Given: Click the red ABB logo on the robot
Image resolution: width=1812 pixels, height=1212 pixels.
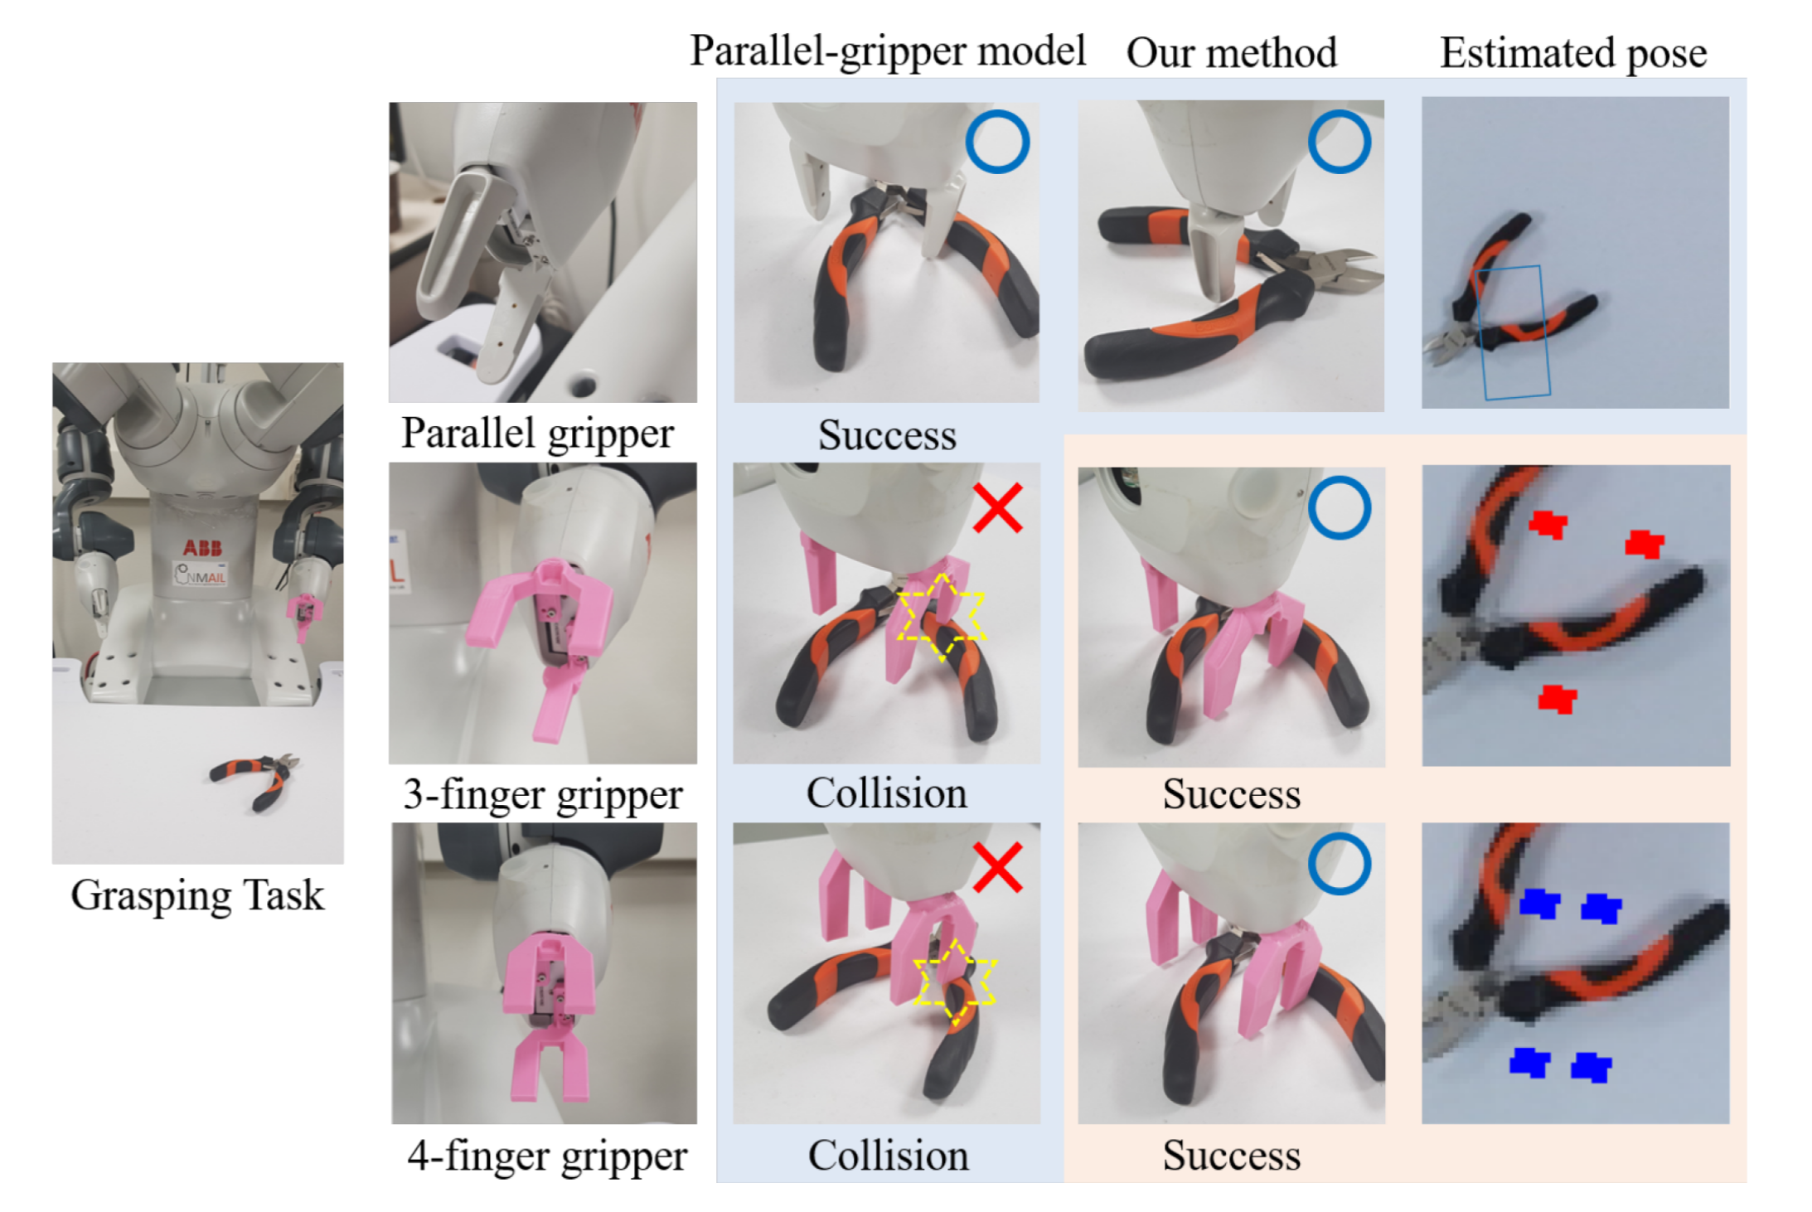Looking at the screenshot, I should [x=202, y=547].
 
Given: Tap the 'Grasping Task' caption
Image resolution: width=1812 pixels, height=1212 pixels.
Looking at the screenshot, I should [x=197, y=895].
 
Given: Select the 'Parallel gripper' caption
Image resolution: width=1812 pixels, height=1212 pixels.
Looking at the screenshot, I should [x=537, y=434].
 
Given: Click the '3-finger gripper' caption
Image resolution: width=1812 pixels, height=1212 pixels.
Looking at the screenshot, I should [x=542, y=794].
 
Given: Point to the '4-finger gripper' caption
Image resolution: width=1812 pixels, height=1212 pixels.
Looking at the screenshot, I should [x=546, y=1156].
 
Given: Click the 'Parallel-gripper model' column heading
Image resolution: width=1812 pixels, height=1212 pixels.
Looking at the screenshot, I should [x=887, y=51].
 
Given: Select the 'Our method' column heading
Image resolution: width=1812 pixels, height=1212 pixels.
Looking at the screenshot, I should [x=1231, y=53].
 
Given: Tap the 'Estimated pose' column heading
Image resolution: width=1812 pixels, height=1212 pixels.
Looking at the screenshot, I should [x=1572, y=53].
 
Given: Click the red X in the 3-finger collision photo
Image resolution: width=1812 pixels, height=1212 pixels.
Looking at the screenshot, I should [x=997, y=508].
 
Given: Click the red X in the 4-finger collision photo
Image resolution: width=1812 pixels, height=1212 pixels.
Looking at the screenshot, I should [x=997, y=868].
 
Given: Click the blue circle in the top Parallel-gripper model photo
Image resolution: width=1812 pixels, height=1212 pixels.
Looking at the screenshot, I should [x=997, y=142].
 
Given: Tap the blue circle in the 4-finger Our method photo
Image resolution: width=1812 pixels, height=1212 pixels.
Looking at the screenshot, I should [x=1339, y=865].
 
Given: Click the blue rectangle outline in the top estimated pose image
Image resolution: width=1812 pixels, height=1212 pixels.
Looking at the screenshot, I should [x=1514, y=332].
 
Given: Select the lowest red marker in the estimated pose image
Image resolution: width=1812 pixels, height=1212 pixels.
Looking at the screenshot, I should [x=1557, y=699].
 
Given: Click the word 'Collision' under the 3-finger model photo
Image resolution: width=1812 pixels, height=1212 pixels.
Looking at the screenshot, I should [x=886, y=793].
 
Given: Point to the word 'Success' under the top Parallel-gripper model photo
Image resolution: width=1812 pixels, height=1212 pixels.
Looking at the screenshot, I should [x=887, y=435].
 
